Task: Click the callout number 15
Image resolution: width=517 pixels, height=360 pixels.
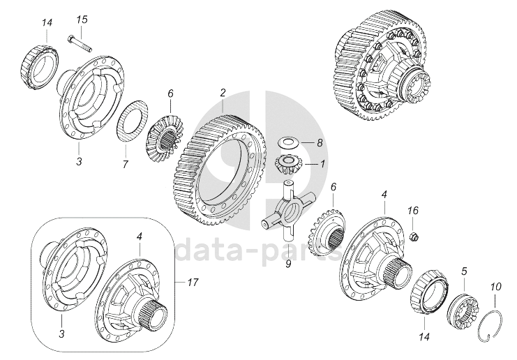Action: (x=82, y=20)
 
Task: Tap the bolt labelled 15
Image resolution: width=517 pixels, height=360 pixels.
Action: (x=80, y=44)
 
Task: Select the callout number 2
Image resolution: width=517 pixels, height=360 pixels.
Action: (x=223, y=93)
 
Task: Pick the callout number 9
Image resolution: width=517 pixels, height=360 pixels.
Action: (x=289, y=264)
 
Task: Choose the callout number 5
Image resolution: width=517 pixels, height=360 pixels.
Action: (x=464, y=271)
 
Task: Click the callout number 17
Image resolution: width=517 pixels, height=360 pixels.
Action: (x=193, y=282)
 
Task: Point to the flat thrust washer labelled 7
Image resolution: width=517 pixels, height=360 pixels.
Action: (x=133, y=121)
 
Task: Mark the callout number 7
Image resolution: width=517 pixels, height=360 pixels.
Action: (x=125, y=165)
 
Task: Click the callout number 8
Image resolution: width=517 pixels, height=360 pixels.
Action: (x=320, y=143)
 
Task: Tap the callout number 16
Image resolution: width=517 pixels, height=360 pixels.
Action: (x=413, y=210)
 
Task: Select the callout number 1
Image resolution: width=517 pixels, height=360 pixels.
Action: (x=322, y=163)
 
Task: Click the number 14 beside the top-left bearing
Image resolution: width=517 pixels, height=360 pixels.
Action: (x=47, y=23)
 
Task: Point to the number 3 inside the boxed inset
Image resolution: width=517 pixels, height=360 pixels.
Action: (x=61, y=334)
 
